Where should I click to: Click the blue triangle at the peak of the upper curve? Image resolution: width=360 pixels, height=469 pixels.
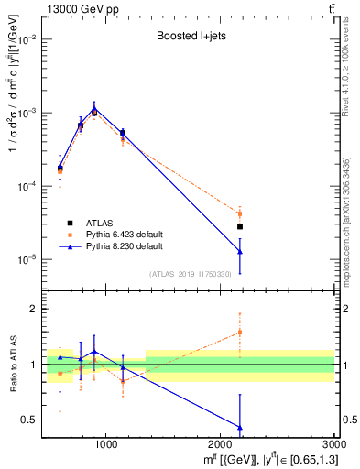click(94, 108)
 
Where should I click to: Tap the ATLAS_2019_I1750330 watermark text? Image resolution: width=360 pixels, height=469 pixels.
click(189, 274)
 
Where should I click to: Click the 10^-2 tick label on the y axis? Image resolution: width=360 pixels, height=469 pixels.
click(27, 39)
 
